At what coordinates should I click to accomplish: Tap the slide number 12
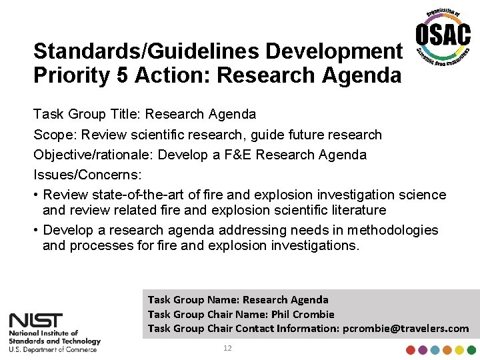coord(227,349)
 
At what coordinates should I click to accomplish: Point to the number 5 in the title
coord(121,75)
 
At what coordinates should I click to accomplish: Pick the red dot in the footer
coord(411,350)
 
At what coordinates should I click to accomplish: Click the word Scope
coord(55,135)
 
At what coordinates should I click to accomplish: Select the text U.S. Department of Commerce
coord(53,349)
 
